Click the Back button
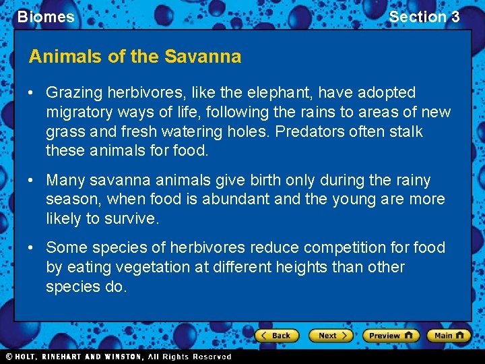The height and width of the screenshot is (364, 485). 276,336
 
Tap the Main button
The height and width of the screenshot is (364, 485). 449,336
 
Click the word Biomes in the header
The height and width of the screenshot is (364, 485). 46,17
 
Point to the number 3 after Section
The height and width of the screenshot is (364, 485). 455,17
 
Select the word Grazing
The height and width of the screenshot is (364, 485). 73,92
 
